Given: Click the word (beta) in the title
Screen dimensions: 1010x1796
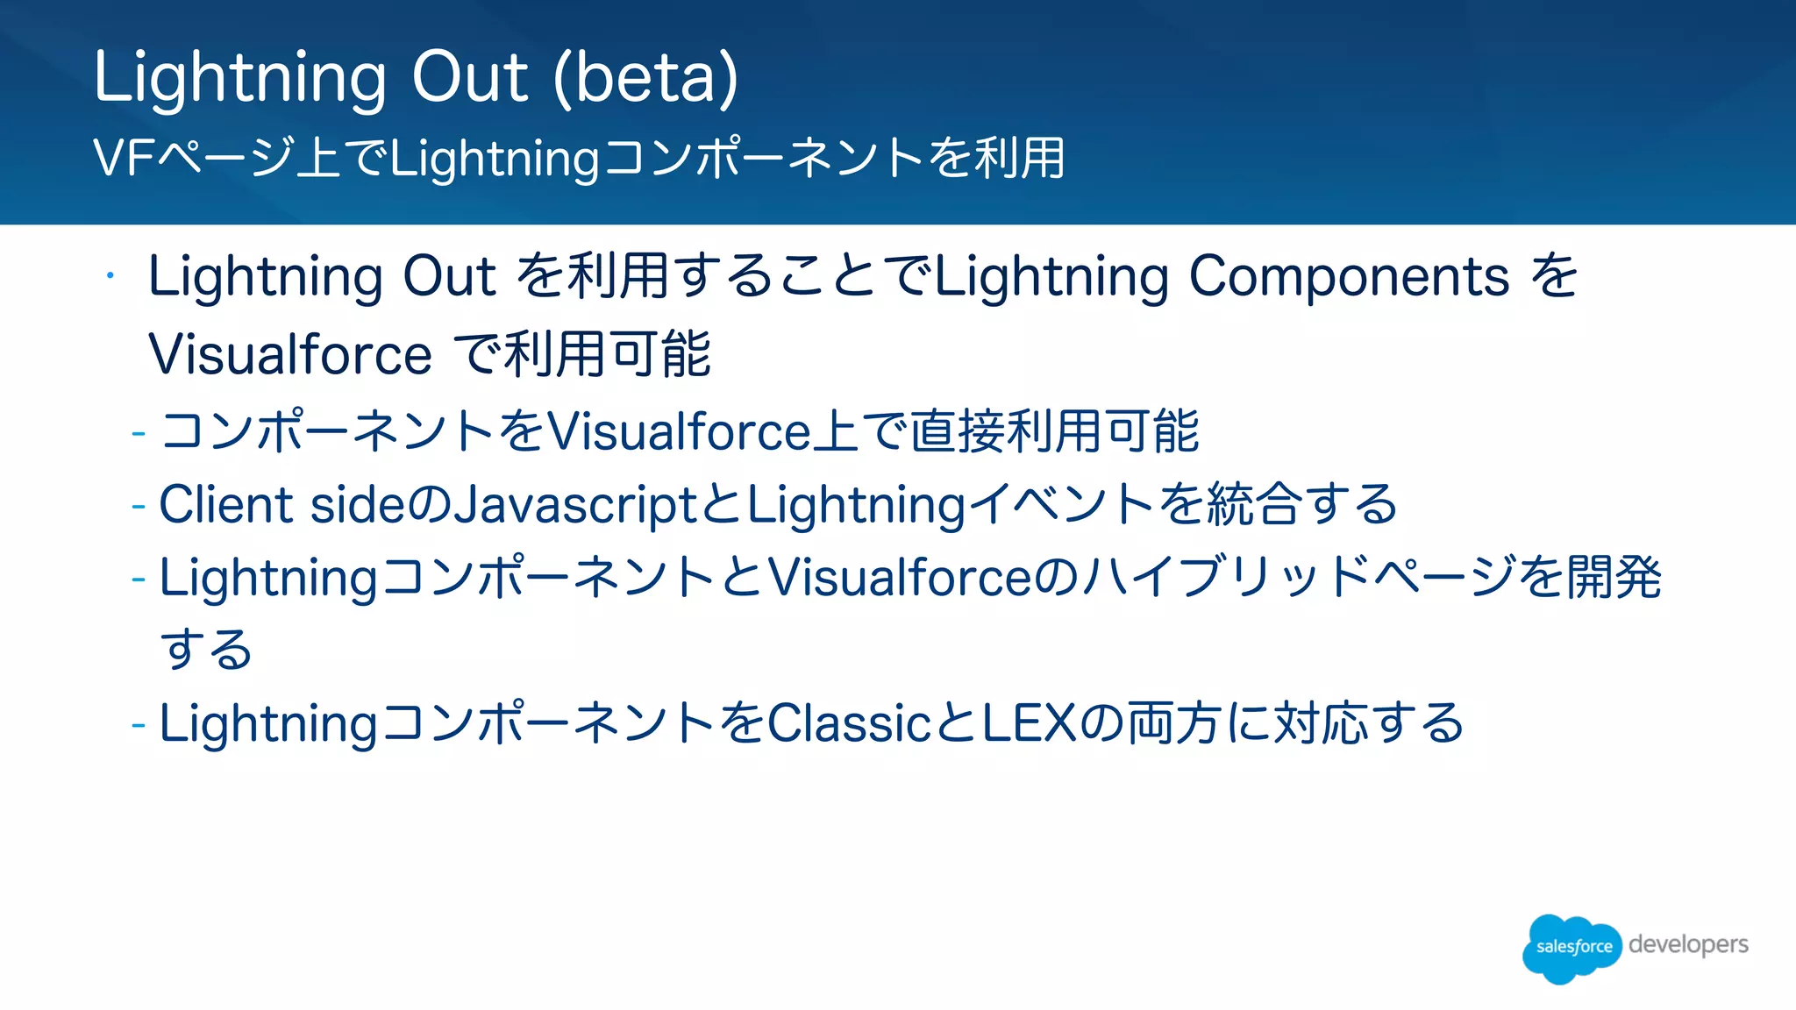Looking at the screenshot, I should coord(646,77).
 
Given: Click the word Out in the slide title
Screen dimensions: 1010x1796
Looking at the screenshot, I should coord(470,77).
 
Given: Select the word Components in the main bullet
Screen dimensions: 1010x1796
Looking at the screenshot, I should coord(1349,276).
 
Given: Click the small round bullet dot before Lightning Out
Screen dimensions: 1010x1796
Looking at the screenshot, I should coord(110,277).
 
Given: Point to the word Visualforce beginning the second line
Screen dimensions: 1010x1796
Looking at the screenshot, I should coord(290,355).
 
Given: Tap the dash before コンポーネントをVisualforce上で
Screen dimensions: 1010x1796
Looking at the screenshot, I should coord(138,432).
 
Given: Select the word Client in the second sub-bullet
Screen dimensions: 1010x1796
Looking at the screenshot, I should coord(225,505).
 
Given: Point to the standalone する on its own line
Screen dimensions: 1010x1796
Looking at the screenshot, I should coord(206,650).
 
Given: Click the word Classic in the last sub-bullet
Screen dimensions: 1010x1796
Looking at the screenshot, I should coord(849,723).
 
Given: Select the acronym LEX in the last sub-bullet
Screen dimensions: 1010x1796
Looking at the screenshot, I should coord(1028,723).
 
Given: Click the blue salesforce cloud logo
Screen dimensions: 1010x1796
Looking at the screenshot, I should coord(1572,947).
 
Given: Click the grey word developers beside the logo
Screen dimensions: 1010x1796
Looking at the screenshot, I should coord(1688,945).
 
